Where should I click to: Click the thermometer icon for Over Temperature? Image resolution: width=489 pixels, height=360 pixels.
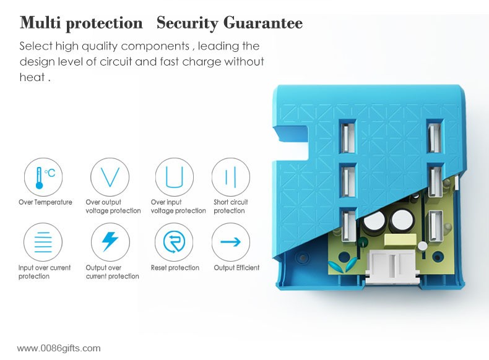(43, 177)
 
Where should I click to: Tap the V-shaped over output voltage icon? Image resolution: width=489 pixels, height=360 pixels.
(110, 177)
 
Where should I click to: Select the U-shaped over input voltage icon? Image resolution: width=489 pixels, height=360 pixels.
(175, 177)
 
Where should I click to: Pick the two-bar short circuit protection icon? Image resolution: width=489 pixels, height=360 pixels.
(231, 177)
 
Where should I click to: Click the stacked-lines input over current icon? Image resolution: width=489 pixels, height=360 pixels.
(43, 242)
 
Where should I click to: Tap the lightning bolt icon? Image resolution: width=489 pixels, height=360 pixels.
(110, 242)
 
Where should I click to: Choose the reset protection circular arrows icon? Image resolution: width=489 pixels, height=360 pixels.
(174, 242)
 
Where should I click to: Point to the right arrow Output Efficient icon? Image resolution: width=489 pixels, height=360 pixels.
(231, 242)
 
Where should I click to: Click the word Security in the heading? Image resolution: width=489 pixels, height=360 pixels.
(187, 23)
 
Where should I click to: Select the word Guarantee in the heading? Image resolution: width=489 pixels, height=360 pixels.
(263, 23)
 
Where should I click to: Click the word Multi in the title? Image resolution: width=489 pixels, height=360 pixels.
(40, 23)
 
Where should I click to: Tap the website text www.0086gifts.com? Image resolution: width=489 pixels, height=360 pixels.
(59, 348)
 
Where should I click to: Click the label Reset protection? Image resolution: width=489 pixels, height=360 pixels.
(175, 268)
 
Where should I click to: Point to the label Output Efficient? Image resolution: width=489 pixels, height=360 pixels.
(236, 268)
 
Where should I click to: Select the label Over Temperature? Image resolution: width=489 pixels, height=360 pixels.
(45, 202)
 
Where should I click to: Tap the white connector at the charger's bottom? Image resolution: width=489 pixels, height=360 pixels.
(392, 267)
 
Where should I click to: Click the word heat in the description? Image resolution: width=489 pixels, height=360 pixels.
(32, 77)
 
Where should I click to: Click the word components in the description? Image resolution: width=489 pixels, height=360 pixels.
(155, 46)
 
